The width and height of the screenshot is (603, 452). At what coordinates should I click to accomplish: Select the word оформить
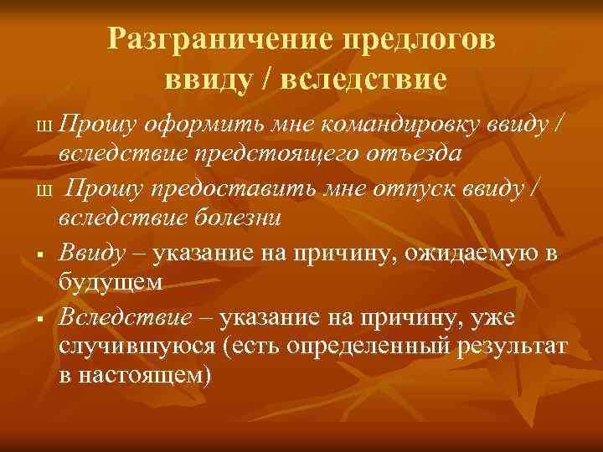pyautogui.click(x=198, y=126)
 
